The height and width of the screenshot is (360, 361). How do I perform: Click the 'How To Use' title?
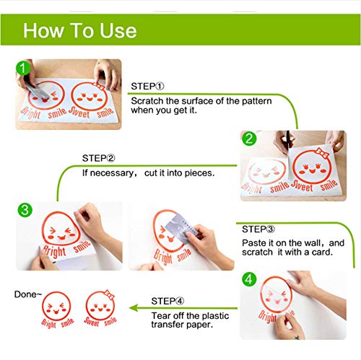pyautogui.click(x=79, y=30)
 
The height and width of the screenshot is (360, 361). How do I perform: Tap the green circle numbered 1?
pyautogui.click(x=25, y=68)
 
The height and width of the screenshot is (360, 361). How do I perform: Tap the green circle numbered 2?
pyautogui.click(x=249, y=139)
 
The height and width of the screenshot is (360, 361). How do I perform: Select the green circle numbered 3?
pyautogui.click(x=25, y=210)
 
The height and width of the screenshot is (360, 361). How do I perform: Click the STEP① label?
pyautogui.click(x=147, y=86)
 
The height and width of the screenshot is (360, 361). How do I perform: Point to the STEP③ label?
pyautogui.click(x=258, y=229)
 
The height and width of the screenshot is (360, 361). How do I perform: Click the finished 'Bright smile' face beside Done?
pyautogui.click(x=57, y=310)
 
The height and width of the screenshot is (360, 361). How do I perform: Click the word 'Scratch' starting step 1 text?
pyautogui.click(x=147, y=100)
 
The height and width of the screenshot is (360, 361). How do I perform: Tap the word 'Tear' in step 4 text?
pyautogui.click(x=161, y=315)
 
